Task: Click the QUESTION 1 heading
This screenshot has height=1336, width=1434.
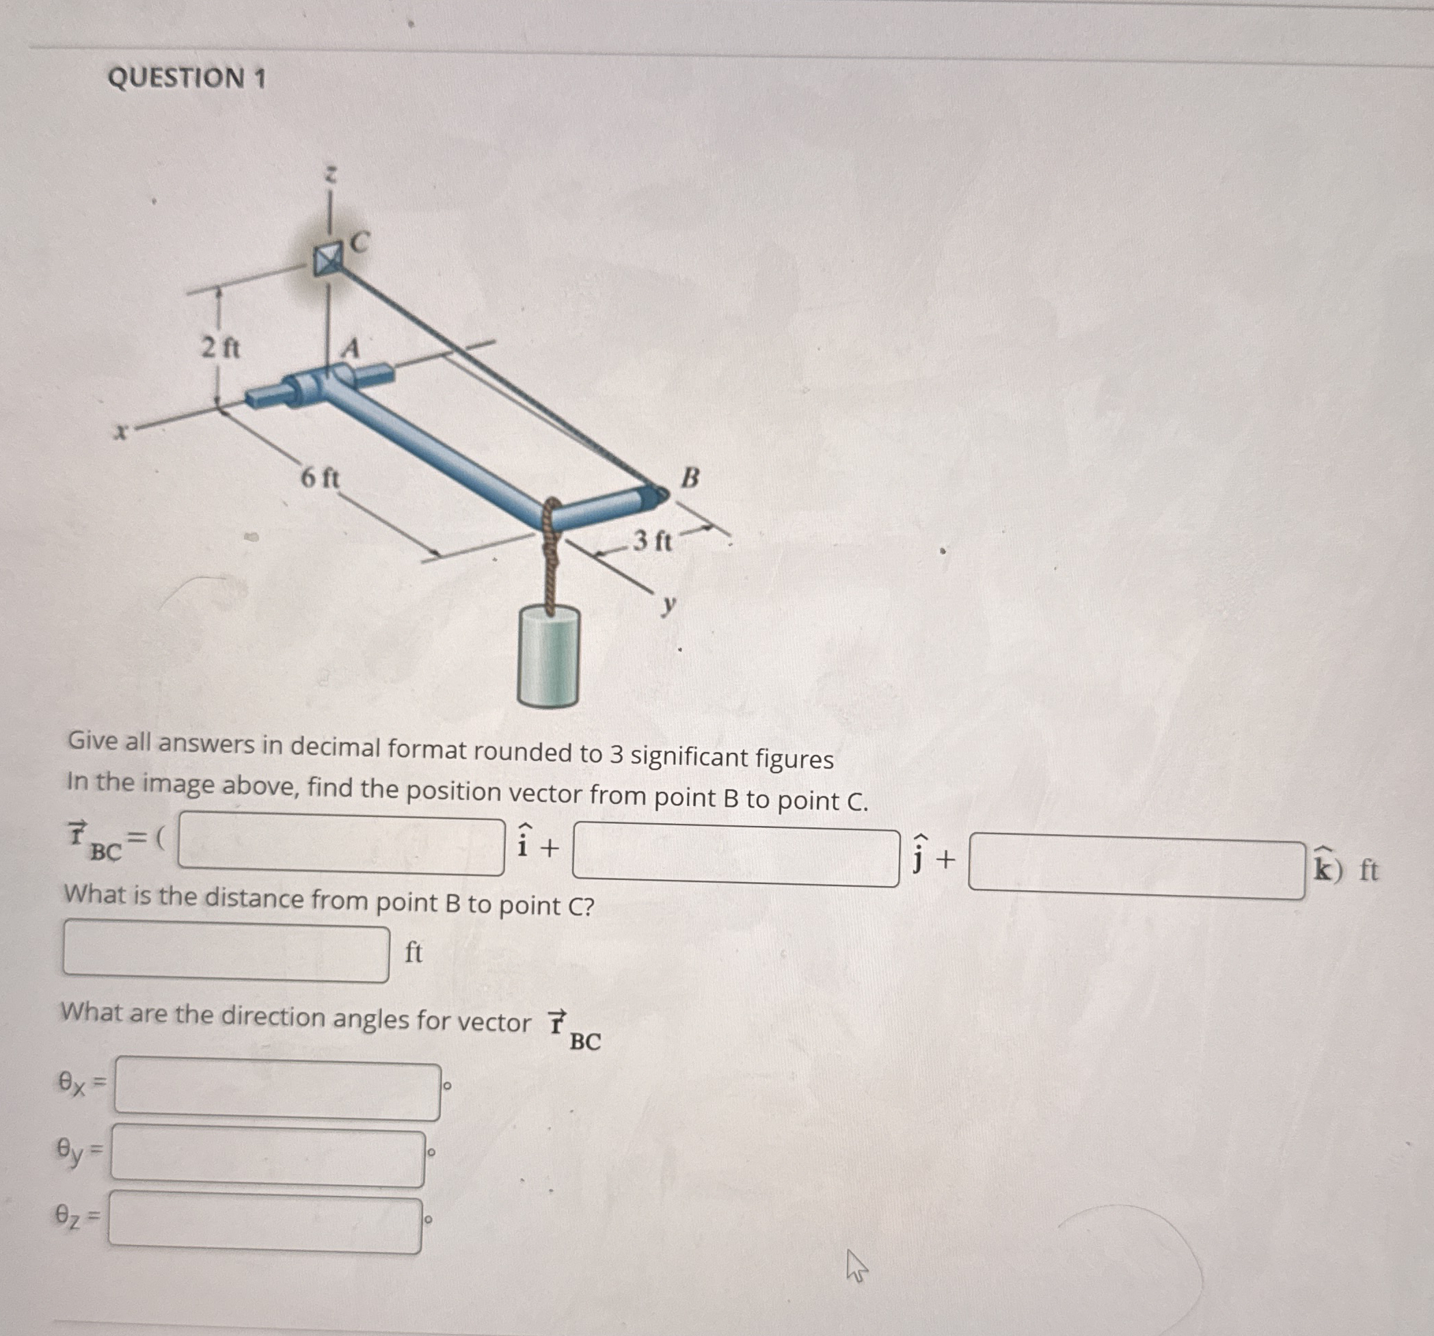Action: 187,77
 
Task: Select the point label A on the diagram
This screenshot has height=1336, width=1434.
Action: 351,349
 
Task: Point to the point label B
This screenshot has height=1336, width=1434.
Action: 690,477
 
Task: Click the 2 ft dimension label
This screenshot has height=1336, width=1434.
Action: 220,349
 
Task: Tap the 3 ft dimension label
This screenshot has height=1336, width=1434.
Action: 652,539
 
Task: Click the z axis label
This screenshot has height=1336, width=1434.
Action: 330,174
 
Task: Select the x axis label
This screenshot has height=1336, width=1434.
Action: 121,432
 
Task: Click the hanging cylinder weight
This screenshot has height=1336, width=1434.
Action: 548,656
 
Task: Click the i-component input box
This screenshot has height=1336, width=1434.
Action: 341,843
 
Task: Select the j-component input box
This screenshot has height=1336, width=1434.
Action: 735,857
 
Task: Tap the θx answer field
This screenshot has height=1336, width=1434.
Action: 278,1088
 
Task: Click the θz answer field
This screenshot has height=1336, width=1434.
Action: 265,1222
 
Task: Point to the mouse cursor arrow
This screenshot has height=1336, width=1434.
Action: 856,1268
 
